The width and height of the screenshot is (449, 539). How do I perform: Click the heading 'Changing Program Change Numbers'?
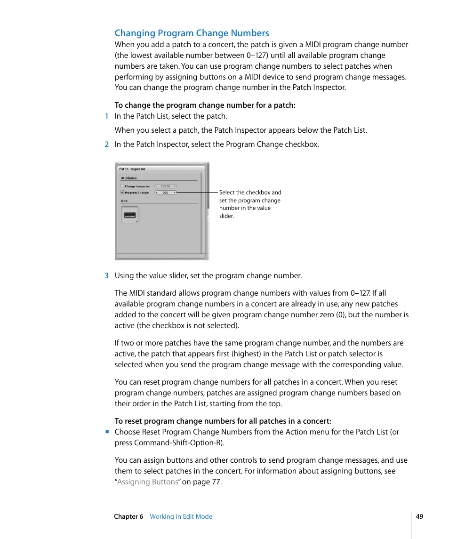click(x=192, y=33)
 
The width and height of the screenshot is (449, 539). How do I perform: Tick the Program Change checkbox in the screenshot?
click(x=122, y=192)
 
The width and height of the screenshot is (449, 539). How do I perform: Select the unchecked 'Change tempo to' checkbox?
click(x=122, y=186)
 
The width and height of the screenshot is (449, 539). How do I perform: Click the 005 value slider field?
click(x=165, y=193)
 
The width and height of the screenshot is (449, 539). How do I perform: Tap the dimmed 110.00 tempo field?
click(x=165, y=186)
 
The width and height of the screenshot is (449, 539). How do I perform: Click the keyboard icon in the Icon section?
click(x=129, y=215)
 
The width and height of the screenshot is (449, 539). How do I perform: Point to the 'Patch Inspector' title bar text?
click(x=132, y=169)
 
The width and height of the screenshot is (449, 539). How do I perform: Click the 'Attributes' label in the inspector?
click(x=128, y=178)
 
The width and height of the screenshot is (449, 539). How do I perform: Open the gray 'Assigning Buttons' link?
click(x=147, y=482)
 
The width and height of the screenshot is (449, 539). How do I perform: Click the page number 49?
click(x=419, y=516)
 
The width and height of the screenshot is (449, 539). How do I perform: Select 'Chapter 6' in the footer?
click(x=128, y=516)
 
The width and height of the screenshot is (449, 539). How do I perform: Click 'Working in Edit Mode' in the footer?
click(x=181, y=516)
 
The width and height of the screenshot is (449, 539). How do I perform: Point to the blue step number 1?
click(x=106, y=116)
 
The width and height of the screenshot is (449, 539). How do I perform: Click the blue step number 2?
click(x=106, y=145)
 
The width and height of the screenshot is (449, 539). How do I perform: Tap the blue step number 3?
click(x=106, y=276)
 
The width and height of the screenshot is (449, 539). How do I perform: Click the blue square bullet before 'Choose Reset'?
click(x=107, y=432)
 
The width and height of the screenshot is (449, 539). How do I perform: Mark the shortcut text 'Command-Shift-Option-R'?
click(x=178, y=442)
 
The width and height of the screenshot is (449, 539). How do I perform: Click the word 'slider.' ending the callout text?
click(x=226, y=216)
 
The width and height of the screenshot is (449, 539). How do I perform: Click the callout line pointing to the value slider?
click(x=198, y=192)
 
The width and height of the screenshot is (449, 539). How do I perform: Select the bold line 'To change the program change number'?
click(x=205, y=105)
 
